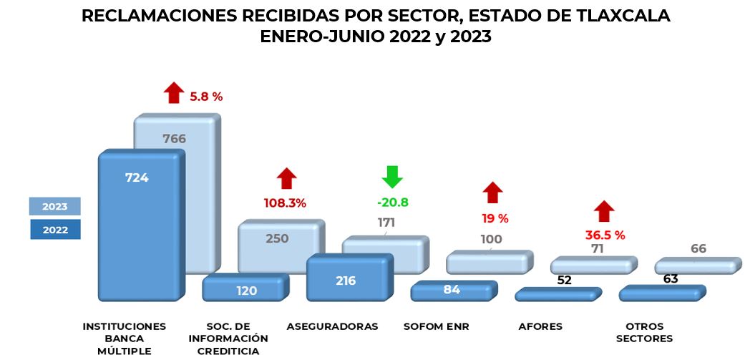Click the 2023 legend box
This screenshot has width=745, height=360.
point(54,206)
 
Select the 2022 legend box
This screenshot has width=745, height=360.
point(54,230)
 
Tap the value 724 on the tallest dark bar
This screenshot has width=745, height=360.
point(136,177)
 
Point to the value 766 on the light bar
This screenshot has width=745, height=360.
point(174,139)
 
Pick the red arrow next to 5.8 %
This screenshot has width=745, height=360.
point(173,93)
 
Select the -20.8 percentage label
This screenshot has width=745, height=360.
point(392,203)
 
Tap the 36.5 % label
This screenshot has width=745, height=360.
point(605,235)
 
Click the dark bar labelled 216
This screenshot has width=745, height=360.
point(346,281)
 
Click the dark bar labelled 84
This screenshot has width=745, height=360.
point(451,290)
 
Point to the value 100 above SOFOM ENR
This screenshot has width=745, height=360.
point(491,239)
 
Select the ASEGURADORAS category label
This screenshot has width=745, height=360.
point(332,326)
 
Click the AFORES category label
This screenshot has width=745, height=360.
point(540,326)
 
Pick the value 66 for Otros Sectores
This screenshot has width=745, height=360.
point(698,248)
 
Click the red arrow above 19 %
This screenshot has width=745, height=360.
point(492,193)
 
